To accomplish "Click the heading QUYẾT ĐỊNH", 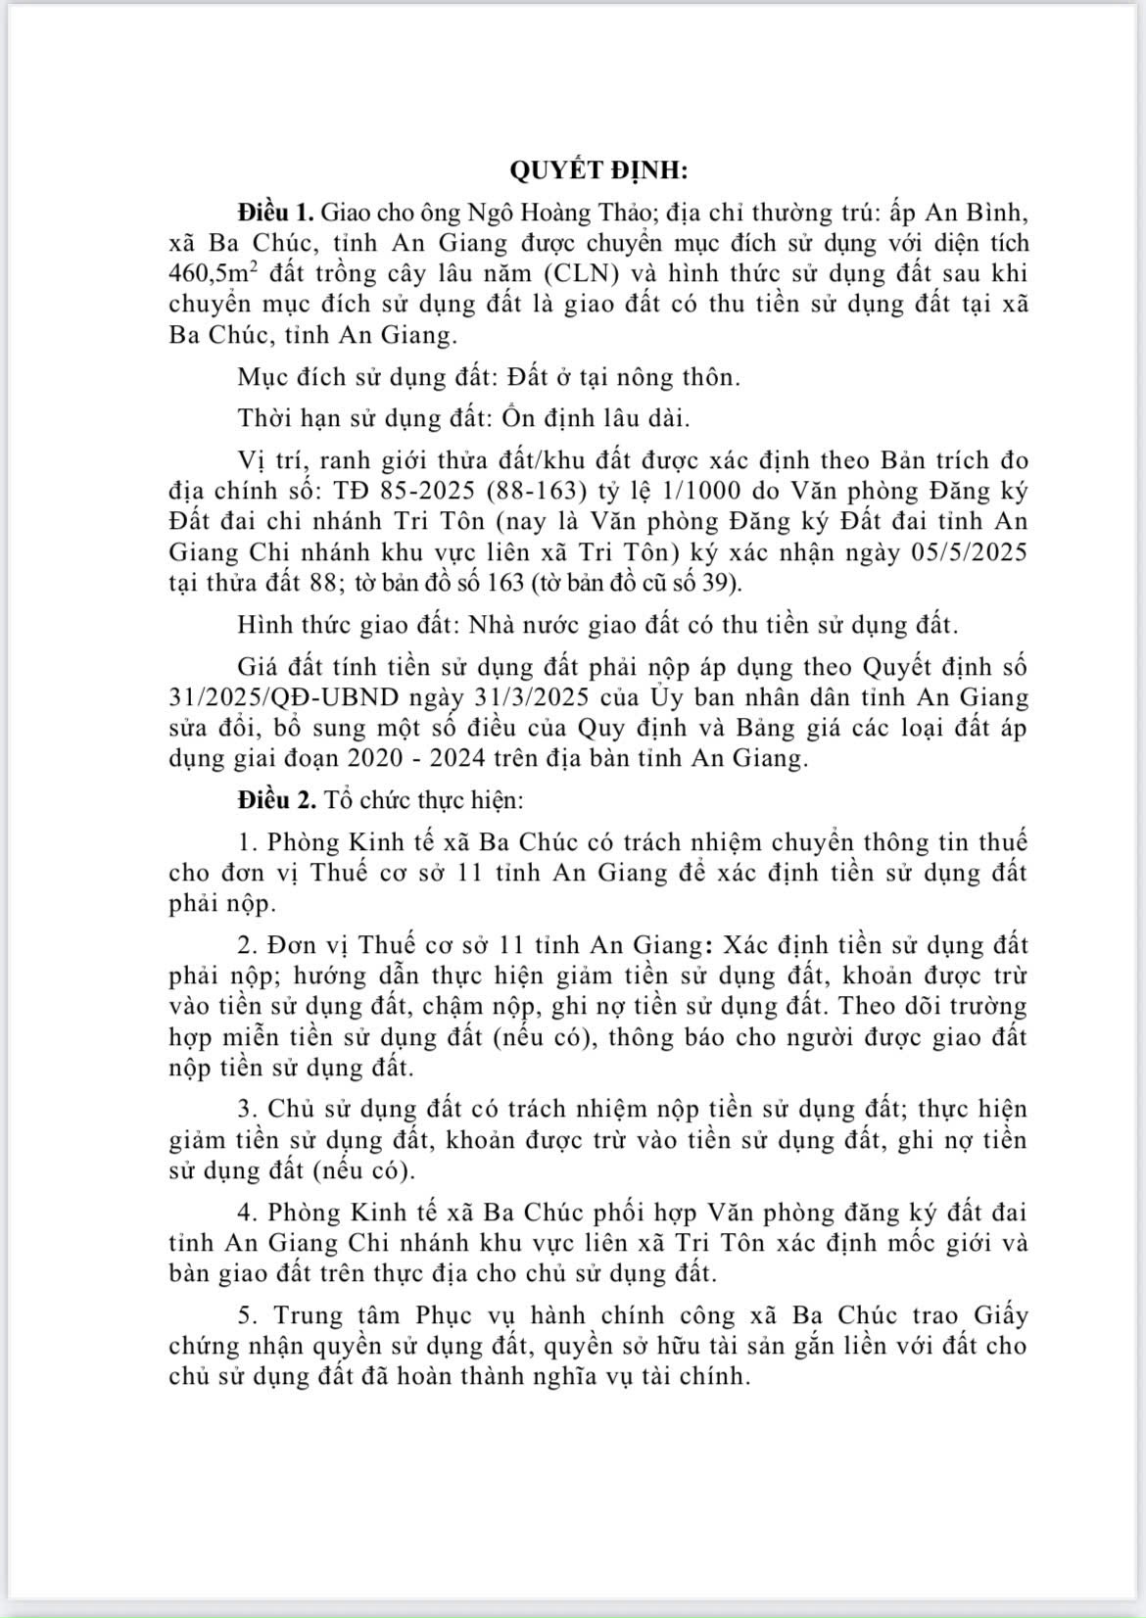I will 598,170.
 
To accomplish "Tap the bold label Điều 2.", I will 276,799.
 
